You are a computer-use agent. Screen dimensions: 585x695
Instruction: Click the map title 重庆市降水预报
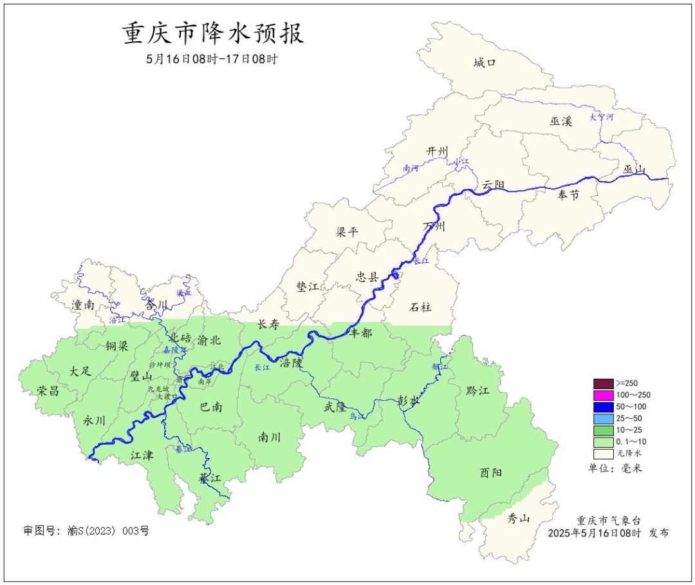(213, 34)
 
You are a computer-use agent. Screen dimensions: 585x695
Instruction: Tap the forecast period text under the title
(212, 59)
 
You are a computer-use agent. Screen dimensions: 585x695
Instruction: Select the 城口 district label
(485, 62)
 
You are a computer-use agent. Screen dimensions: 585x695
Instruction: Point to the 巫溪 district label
(561, 120)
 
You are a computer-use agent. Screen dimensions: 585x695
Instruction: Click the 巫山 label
(634, 169)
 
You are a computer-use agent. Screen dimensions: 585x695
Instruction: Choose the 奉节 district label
(568, 195)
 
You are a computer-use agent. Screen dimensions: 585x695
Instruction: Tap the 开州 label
(437, 151)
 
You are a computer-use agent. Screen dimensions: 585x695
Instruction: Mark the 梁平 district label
(347, 232)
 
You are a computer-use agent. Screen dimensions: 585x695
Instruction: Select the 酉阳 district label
(491, 472)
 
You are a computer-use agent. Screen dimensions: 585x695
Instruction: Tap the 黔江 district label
(476, 391)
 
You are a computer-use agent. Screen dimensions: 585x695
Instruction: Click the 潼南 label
(84, 305)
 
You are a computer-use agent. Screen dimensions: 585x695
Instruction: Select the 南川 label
(269, 437)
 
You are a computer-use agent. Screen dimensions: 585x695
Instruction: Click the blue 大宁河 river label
(602, 117)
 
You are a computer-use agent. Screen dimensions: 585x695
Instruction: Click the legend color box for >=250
(603, 383)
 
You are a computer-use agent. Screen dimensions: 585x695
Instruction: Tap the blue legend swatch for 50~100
(603, 407)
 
